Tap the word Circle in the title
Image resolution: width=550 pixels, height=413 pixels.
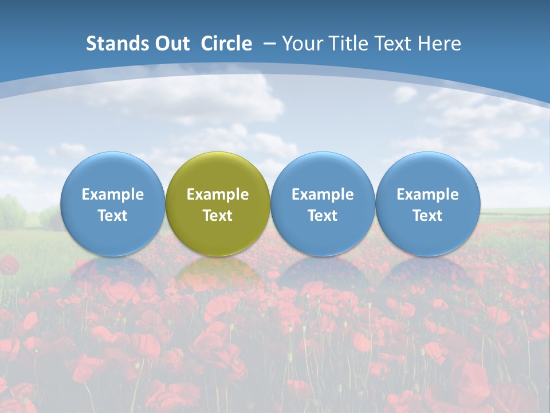click(x=226, y=44)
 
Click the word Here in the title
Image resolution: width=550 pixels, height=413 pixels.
click(x=440, y=44)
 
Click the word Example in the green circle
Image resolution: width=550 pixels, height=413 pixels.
click(x=218, y=194)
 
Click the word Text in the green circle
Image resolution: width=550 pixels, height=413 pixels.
click(x=218, y=216)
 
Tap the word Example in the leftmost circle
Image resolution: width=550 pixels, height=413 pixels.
click(x=113, y=194)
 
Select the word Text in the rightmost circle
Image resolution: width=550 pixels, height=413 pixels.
click(x=427, y=216)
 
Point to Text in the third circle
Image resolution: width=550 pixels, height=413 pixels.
click(x=323, y=216)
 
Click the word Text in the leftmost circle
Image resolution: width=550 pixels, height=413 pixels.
click(x=113, y=216)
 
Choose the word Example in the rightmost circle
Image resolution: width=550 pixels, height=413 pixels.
click(x=427, y=194)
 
